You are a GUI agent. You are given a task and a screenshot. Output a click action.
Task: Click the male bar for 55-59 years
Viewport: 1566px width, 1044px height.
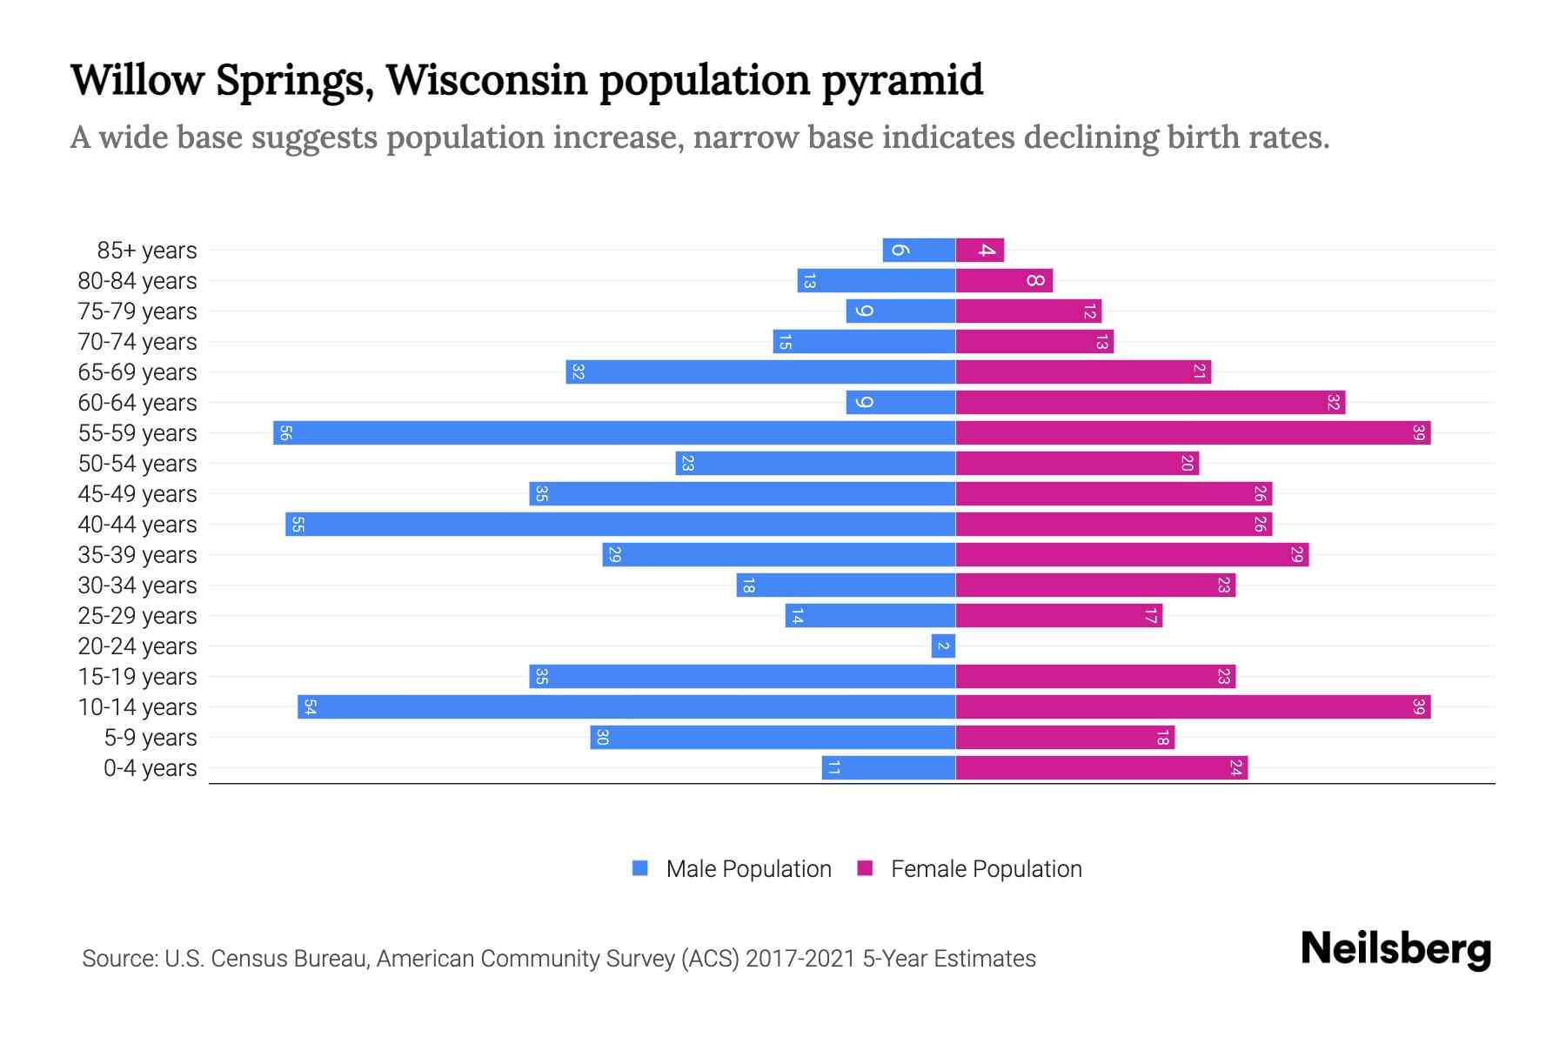coord(614,432)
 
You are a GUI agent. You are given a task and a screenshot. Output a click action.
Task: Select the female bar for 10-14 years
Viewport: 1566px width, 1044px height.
coord(1193,706)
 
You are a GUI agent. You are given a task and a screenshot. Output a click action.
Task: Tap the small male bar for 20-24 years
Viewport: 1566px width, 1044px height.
coord(943,646)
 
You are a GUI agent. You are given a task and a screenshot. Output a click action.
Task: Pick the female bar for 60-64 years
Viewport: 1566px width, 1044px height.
coord(1150,402)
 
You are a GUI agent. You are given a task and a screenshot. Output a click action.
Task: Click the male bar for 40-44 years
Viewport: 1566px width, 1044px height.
coord(620,524)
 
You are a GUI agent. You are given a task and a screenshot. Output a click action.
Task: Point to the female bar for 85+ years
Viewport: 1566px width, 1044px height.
coord(980,250)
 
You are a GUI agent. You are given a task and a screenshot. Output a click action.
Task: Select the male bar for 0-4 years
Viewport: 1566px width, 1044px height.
coord(888,767)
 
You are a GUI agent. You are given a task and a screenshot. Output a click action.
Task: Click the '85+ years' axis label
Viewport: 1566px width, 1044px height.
coord(147,251)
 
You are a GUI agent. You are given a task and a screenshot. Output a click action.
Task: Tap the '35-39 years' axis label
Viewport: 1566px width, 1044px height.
coord(137,555)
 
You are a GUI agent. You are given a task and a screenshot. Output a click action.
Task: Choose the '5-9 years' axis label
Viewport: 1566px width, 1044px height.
coord(151,738)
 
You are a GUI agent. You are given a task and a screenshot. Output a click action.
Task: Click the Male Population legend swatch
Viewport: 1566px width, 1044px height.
coord(640,868)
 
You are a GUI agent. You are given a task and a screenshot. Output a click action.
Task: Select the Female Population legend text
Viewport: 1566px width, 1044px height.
coord(986,868)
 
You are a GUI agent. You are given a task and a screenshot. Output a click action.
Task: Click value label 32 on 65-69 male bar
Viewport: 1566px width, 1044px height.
coord(578,372)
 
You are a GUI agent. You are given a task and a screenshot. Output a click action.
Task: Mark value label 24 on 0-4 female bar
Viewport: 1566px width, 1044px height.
coord(1235,767)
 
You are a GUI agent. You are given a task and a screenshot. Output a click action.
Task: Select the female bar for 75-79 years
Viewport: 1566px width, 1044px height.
coord(1028,311)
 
